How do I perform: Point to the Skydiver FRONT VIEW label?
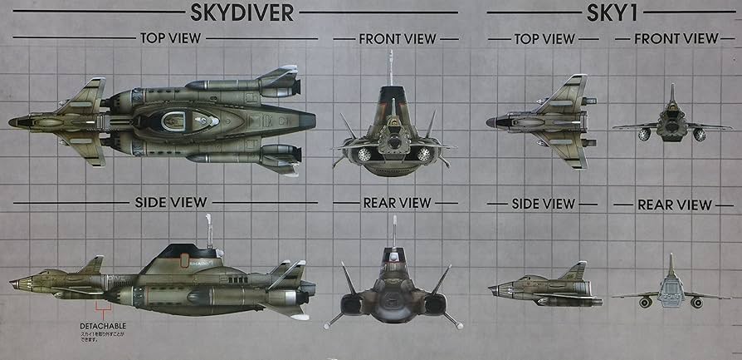[x=397, y=38]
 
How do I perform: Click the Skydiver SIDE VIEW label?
[x=170, y=202]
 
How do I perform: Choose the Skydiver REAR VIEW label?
[x=397, y=202]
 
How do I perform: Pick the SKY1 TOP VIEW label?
[x=544, y=38]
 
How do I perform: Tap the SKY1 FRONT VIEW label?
[x=676, y=38]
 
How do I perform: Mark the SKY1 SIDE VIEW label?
[x=544, y=204]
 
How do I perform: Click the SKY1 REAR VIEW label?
[x=674, y=204]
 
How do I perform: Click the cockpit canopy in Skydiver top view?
[x=178, y=119]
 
